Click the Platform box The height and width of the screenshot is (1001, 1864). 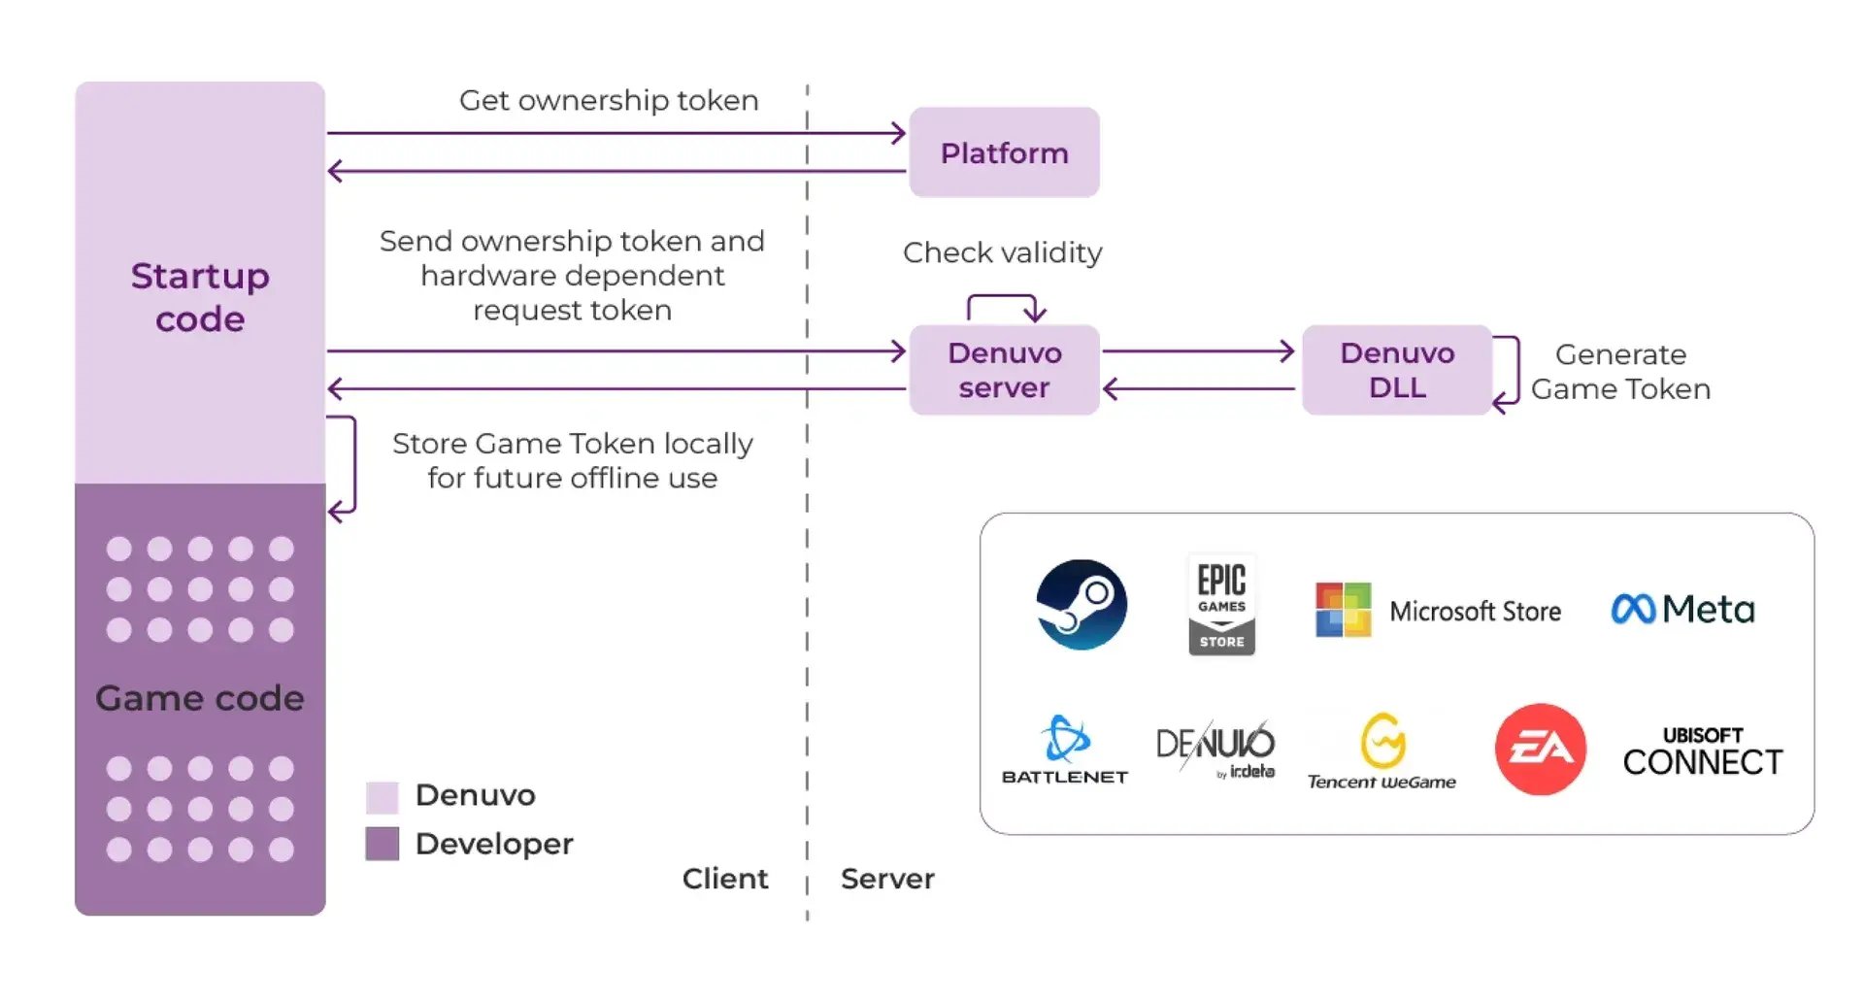(1004, 152)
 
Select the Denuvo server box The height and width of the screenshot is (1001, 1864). (1004, 370)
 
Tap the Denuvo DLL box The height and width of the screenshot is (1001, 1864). (1396, 370)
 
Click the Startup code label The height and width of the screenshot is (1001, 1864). (200, 297)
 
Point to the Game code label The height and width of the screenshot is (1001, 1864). (200, 698)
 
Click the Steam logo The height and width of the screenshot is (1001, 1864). (1081, 604)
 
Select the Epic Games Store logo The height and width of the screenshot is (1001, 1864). (1221, 604)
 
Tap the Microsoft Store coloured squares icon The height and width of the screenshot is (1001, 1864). (1343, 610)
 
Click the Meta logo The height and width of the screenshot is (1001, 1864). (1682, 609)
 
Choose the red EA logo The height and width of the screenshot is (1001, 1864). (1540, 749)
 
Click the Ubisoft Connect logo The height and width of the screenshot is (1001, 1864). (1703, 751)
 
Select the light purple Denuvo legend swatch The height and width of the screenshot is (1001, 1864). (383, 796)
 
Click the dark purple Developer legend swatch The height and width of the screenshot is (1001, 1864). (383, 844)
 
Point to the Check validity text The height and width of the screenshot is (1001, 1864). (1002, 252)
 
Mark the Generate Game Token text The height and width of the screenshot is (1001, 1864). (1620, 371)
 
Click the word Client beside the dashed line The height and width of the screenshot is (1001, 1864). (724, 879)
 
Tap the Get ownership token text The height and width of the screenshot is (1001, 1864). (609, 100)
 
